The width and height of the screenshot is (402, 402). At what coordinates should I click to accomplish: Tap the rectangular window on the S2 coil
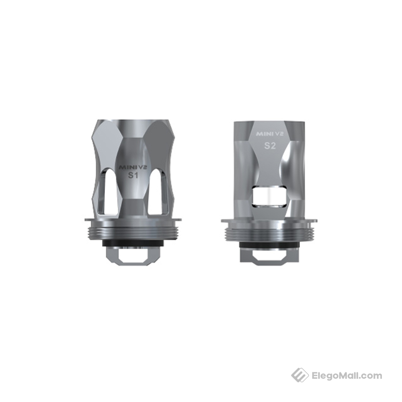pyautogui.click(x=269, y=197)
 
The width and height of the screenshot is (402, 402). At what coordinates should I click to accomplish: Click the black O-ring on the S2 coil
pyautogui.click(x=269, y=244)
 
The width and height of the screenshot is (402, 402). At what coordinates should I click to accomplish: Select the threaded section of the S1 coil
pyautogui.click(x=133, y=232)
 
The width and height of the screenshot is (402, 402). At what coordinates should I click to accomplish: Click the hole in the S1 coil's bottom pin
pyautogui.click(x=133, y=256)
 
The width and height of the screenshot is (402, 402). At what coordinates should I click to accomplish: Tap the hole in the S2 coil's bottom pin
pyautogui.click(x=269, y=255)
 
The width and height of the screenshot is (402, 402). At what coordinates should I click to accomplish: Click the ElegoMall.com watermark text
pyautogui.click(x=347, y=376)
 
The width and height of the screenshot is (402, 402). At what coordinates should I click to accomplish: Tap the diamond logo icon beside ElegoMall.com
pyautogui.click(x=300, y=375)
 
